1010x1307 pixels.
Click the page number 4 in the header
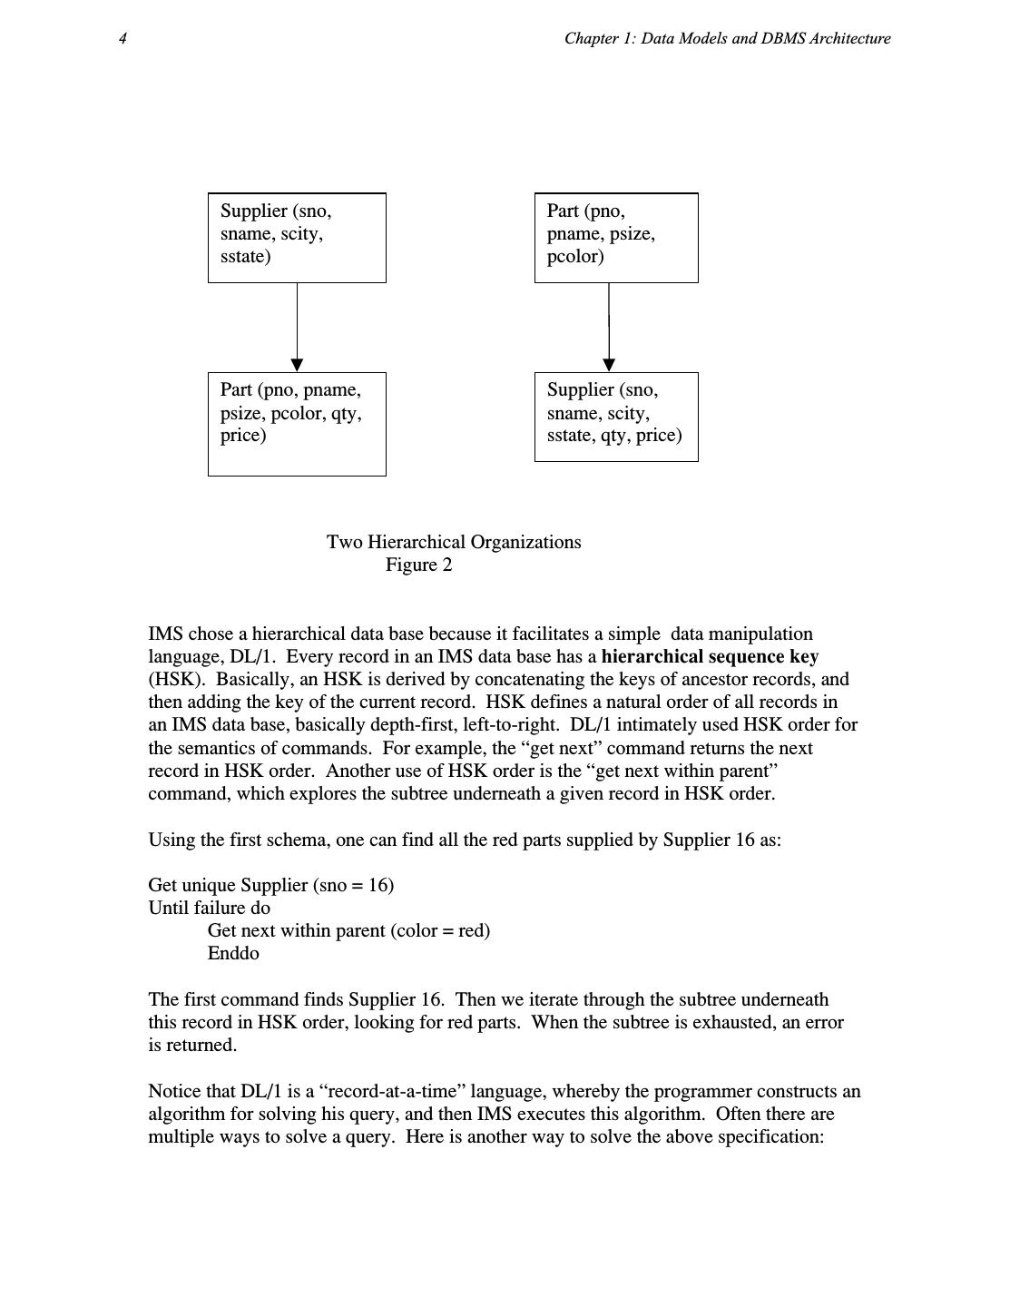tap(123, 38)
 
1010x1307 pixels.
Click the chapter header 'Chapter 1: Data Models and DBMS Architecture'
tap(727, 38)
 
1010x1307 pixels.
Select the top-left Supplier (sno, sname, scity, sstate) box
tap(297, 237)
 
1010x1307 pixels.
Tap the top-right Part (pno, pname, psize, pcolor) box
tap(616, 237)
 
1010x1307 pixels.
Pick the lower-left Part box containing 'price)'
tap(297, 423)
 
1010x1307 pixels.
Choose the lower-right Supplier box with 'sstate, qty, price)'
tap(616, 416)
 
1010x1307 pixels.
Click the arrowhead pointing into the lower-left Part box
tap(297, 365)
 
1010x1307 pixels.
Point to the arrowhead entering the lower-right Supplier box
tap(609, 365)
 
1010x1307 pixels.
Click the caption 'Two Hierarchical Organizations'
tap(454, 542)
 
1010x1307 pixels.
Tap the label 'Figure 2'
tap(418, 565)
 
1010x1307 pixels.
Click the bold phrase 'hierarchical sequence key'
tap(710, 656)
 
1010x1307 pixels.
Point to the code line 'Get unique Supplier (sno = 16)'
tap(270, 885)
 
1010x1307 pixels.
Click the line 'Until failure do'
tap(209, 908)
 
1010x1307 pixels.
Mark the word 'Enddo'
tap(233, 953)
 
